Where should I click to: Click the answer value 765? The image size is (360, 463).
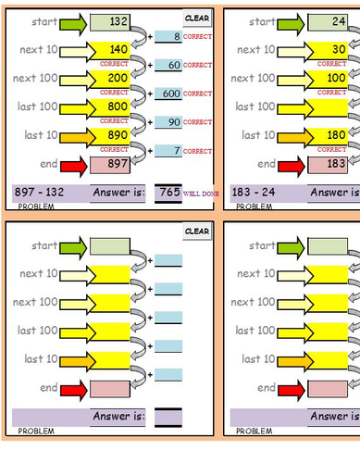coord(168,193)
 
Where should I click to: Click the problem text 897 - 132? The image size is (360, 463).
coord(38,193)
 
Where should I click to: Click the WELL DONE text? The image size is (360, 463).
coord(200,194)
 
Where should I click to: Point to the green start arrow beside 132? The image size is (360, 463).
coord(74,21)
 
